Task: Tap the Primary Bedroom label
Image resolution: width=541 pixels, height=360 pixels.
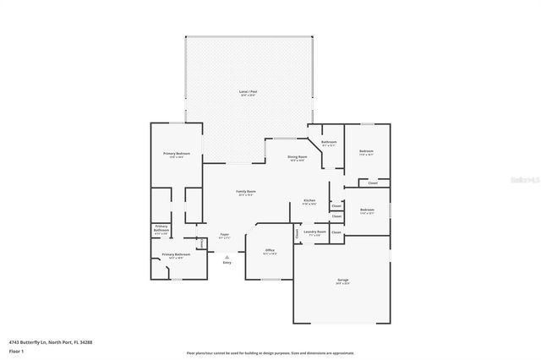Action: [177, 154]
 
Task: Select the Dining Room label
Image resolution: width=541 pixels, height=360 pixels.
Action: [297, 157]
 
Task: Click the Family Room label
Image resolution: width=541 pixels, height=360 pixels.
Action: [246, 193]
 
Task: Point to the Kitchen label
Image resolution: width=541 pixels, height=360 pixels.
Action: [309, 201]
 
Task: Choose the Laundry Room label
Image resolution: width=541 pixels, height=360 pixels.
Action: [315, 232]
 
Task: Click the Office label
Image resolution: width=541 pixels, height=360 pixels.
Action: [270, 251]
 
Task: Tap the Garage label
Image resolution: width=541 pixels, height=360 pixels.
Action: [343, 281]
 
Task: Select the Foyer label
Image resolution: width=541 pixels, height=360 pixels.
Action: [224, 235]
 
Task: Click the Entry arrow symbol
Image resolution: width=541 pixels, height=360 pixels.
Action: [227, 256]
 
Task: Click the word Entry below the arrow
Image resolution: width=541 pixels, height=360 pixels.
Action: [227, 263]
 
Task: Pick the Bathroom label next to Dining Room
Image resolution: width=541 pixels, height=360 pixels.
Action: [329, 142]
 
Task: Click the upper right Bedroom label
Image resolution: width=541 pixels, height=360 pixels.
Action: [366, 152]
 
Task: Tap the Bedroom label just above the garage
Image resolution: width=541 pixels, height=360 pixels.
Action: [367, 210]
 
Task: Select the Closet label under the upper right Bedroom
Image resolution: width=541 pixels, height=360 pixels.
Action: [373, 183]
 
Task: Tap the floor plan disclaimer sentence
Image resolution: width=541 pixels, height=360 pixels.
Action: [270, 353]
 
